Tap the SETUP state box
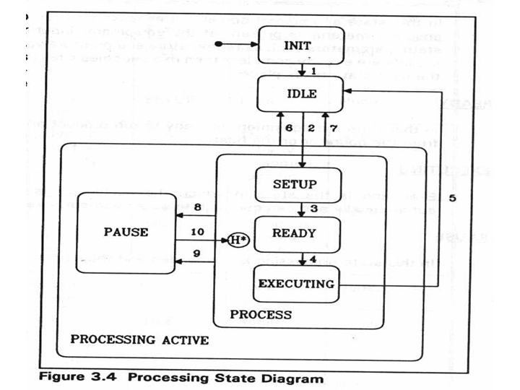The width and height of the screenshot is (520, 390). click(297, 183)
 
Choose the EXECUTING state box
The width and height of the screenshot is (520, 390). click(296, 283)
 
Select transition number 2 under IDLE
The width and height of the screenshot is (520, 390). click(311, 128)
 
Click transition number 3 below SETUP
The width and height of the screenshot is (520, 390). click(313, 209)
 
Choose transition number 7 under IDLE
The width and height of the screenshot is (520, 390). click(334, 128)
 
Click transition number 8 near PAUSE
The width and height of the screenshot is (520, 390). click(196, 207)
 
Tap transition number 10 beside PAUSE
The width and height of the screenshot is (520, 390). click(196, 232)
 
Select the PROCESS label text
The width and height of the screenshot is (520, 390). click(261, 315)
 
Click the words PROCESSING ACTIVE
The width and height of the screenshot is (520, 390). click(139, 339)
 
